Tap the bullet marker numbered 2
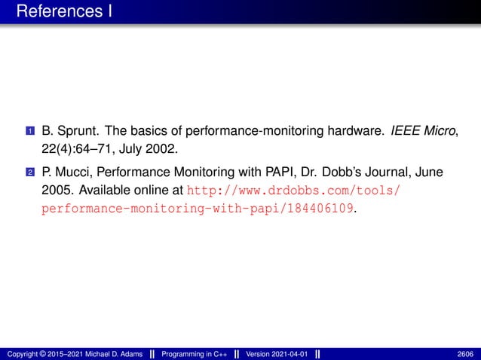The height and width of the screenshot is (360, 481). click(29, 172)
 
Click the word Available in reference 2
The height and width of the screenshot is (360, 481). click(105, 188)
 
